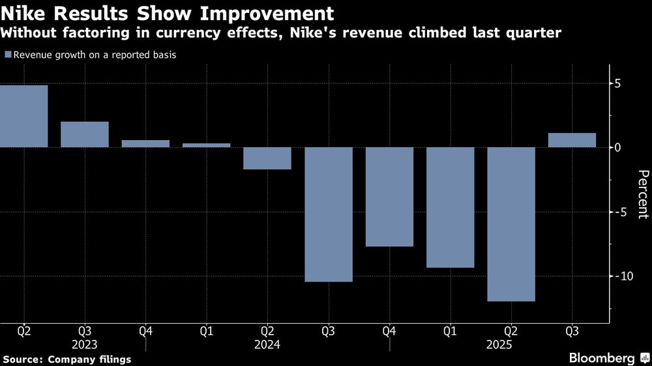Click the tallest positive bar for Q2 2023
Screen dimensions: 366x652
coord(23,116)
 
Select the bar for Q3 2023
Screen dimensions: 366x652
coord(85,134)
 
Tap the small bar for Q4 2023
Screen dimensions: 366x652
coord(145,143)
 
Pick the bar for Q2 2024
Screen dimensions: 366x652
coord(267,158)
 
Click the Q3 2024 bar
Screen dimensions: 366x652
coord(328,214)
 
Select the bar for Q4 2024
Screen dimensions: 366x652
coord(389,197)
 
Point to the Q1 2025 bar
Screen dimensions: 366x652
coord(450,207)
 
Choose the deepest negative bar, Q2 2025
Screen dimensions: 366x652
coord(511,224)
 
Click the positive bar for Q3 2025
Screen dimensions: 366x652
coord(572,140)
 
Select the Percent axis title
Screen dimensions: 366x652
coord(643,194)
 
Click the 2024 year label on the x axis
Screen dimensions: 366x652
coord(267,345)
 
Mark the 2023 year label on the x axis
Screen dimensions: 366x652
coord(85,345)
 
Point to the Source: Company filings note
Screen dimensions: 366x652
coord(67,359)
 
